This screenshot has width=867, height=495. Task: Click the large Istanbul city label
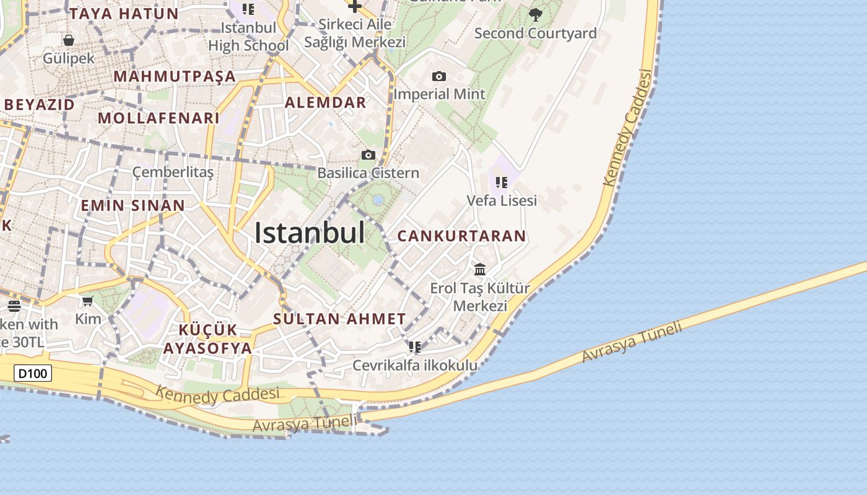point(310,233)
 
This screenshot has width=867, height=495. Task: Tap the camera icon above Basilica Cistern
point(368,155)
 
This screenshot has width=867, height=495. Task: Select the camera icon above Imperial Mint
point(439,77)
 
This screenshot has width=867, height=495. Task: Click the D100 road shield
point(33,373)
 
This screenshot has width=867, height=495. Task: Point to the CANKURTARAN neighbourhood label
point(461,236)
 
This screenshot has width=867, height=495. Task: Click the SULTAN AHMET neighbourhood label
point(339,319)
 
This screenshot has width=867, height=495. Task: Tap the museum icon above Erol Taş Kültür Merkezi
point(480,270)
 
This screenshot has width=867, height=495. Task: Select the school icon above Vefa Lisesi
point(502,183)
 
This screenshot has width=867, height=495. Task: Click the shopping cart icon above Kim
point(88,301)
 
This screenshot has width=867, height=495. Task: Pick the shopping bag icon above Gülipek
point(69,41)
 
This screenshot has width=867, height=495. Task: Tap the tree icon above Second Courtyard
point(536,14)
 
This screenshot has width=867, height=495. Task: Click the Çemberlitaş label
point(173,172)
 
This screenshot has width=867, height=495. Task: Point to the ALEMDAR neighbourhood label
point(325,103)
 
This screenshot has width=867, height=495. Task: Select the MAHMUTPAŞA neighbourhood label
point(175,77)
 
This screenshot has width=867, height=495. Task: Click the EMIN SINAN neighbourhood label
point(133,205)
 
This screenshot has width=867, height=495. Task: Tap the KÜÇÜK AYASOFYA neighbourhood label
point(207,338)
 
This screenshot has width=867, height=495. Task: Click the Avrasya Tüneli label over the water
point(632,342)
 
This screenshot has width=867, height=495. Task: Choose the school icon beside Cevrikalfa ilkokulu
point(415,347)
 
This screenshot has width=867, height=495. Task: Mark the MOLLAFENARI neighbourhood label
point(159,118)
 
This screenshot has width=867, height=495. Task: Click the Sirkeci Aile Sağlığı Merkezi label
point(354,33)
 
